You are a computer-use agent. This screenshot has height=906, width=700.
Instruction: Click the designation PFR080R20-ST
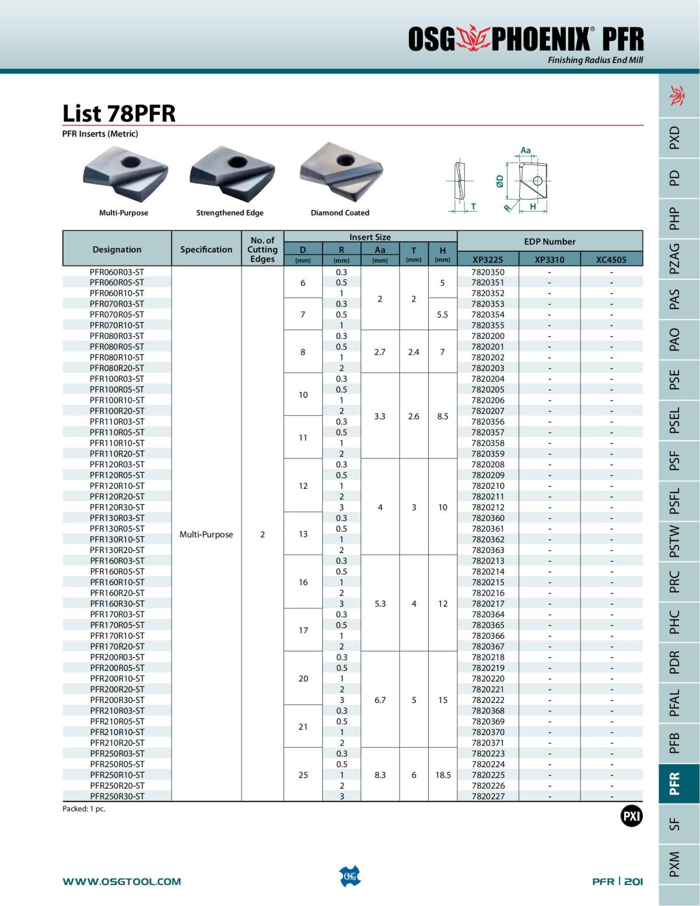click(x=117, y=368)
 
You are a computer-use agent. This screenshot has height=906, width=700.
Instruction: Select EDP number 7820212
click(x=488, y=508)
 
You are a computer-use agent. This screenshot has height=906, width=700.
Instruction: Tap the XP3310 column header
click(x=549, y=260)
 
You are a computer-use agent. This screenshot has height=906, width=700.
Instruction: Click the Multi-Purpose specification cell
click(x=206, y=534)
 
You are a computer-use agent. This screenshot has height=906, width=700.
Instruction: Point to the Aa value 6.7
click(x=380, y=700)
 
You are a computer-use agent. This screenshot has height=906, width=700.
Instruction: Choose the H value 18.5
click(x=443, y=775)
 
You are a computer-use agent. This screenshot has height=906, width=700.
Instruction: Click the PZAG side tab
click(x=674, y=258)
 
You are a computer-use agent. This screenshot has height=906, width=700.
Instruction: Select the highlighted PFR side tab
click(x=674, y=783)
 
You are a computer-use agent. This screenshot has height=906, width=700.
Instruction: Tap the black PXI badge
click(x=631, y=816)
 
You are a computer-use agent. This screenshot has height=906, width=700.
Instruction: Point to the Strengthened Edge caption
click(x=230, y=213)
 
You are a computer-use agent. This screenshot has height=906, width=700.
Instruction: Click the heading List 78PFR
click(x=119, y=113)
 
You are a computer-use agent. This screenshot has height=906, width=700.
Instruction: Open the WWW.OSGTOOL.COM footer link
click(x=122, y=881)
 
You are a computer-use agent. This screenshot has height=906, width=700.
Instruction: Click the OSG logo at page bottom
click(x=350, y=876)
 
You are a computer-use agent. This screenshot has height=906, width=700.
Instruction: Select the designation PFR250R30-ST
click(x=117, y=796)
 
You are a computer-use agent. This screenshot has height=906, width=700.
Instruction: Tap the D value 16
click(x=303, y=582)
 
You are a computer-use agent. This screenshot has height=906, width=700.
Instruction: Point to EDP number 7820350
click(x=488, y=272)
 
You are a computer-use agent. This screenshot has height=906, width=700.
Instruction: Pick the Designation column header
click(x=117, y=249)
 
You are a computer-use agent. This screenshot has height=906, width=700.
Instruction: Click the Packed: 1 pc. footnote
click(x=84, y=809)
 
